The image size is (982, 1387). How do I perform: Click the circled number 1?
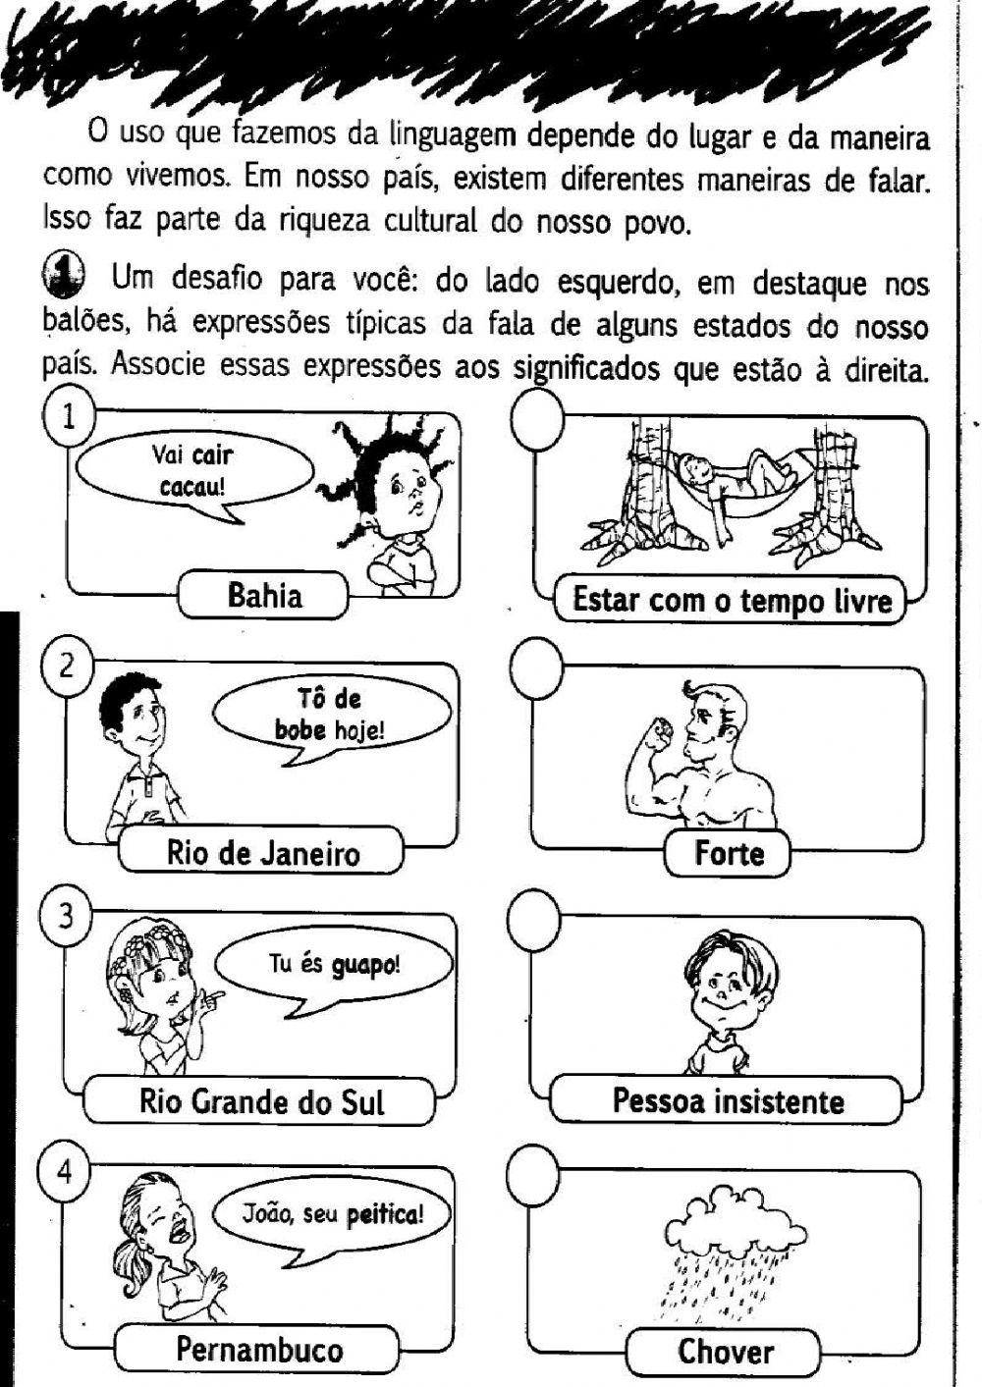68,417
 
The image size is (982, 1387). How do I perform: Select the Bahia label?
264,596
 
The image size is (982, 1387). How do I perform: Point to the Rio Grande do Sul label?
261,1101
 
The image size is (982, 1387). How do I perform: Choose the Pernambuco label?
259,1350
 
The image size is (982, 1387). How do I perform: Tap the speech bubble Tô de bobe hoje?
330,714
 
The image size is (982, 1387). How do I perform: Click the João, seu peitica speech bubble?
333,1215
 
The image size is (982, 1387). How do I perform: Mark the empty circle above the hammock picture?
537,418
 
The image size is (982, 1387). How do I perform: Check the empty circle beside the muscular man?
537,667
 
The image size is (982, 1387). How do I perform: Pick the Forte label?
729,853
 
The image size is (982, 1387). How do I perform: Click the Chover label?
725,1352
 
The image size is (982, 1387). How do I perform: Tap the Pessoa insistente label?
728,1100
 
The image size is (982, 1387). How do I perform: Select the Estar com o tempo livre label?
732,600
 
